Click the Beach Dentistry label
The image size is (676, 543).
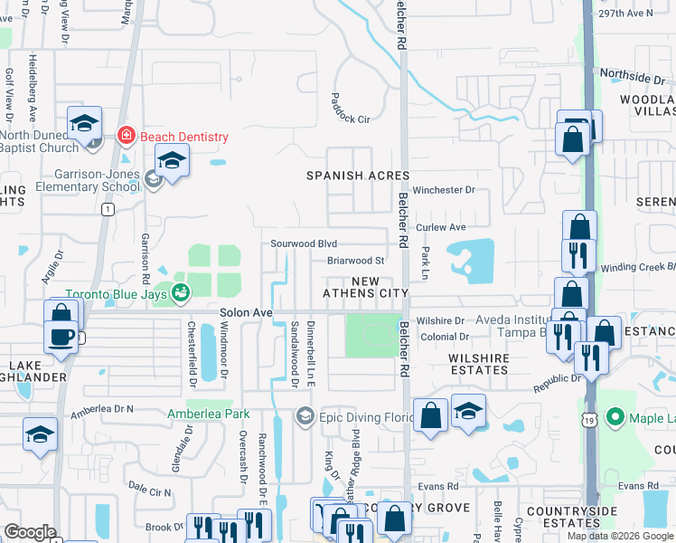coord(184,137)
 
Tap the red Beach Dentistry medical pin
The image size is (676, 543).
coord(127,137)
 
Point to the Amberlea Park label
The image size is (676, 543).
coord(208,414)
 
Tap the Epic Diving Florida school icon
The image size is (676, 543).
coord(305,415)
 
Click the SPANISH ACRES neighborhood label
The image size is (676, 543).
coord(358,176)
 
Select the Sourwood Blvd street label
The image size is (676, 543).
coord(304,244)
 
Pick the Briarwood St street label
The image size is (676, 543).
coord(356,262)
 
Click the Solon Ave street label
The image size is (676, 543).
coord(246,312)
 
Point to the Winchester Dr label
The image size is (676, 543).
coord(444,191)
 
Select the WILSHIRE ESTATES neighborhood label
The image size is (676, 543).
coord(478,364)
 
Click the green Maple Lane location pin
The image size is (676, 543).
coord(616,417)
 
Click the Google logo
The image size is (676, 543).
coord(30,532)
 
